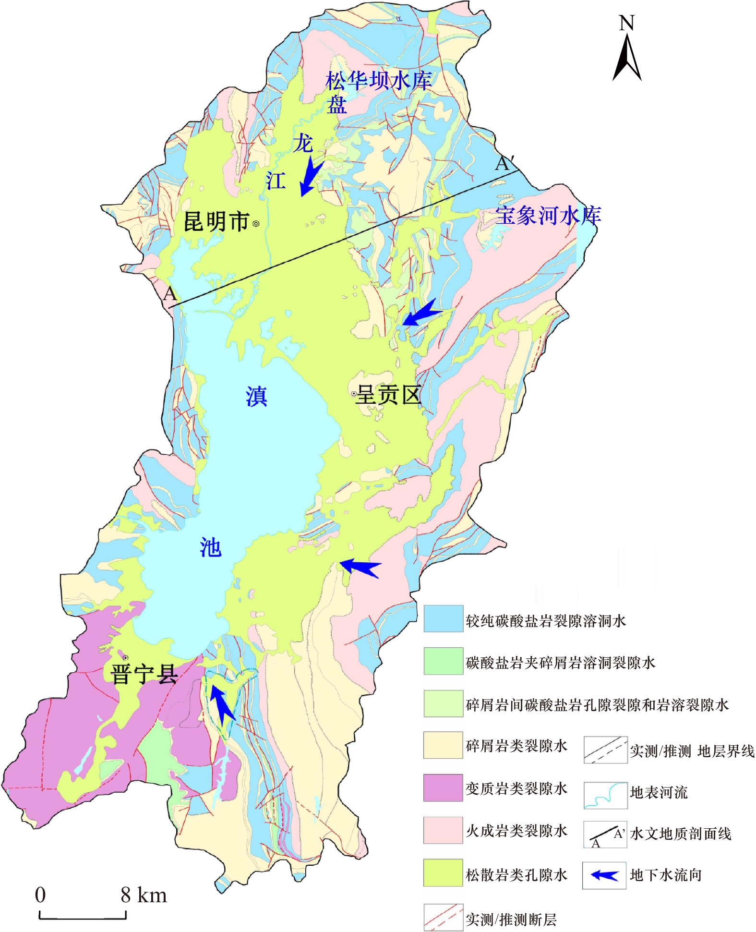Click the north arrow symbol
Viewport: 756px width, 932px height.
click(627, 58)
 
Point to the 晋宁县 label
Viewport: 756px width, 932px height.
click(144, 674)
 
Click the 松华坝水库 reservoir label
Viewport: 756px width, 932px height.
click(378, 81)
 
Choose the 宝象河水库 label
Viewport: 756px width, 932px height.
click(548, 216)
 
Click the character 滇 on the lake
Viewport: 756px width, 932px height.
click(256, 397)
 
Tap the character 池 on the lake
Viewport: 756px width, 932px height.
click(210, 547)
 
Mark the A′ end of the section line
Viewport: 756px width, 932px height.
click(504, 163)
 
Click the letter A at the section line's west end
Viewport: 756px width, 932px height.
click(169, 293)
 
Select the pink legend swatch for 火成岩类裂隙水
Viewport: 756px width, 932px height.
click(443, 830)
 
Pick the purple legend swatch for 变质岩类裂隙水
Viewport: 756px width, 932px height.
click(443, 787)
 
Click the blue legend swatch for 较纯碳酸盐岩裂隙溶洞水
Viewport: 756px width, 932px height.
click(443, 618)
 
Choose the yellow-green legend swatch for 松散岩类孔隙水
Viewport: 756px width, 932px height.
click(443, 872)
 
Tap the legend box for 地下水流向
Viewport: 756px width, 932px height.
click(604, 875)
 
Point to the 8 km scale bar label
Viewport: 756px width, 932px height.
click(144, 895)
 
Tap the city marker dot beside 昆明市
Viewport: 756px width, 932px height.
click(256, 223)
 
